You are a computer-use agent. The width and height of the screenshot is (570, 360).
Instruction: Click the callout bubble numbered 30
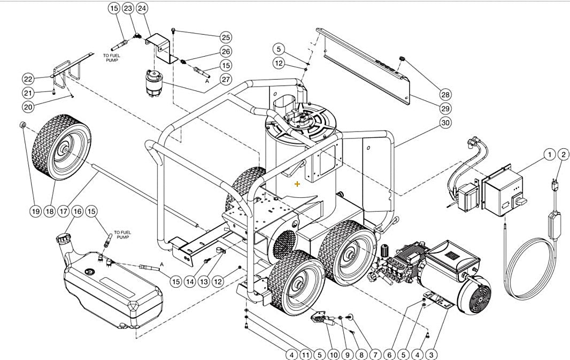click(445, 122)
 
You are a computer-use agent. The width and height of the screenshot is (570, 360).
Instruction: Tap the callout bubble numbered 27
click(226, 79)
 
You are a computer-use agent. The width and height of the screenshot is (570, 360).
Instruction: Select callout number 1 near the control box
click(549, 155)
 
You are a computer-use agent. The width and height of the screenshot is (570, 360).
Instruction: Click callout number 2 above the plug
click(563, 155)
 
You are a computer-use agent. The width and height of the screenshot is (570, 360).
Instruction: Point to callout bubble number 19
click(35, 212)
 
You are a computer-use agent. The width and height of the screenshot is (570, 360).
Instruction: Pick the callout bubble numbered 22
click(28, 79)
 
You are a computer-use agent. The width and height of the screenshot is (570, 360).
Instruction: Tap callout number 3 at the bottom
click(431, 354)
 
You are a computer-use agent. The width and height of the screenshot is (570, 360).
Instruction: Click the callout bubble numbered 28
click(445, 95)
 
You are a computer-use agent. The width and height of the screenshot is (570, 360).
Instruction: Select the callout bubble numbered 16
click(77, 212)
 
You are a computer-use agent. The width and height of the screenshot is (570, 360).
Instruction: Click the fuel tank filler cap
click(64, 236)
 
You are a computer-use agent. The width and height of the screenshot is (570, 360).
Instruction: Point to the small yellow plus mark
click(297, 184)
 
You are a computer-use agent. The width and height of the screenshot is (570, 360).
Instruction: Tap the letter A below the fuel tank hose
click(161, 264)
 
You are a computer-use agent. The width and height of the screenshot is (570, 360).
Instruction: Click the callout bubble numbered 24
click(142, 8)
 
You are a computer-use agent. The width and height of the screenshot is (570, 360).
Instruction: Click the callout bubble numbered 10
click(333, 354)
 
